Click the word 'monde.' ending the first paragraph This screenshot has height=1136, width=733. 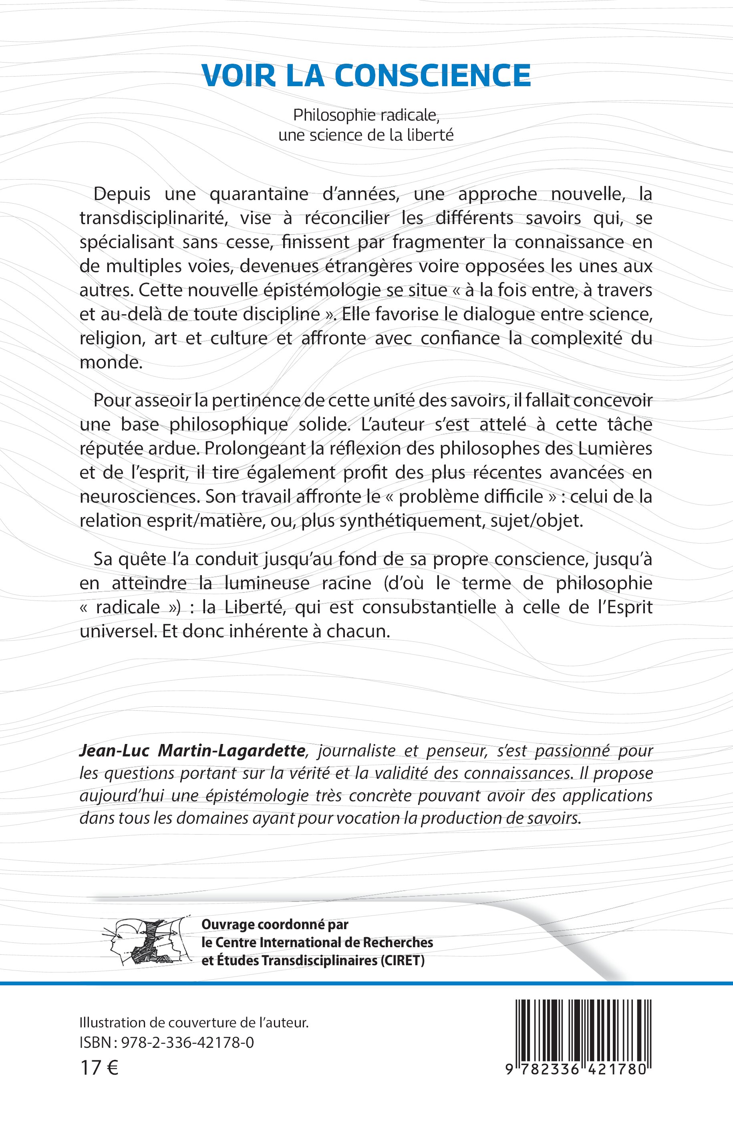(x=111, y=362)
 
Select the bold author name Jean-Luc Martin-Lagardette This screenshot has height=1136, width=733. (x=192, y=751)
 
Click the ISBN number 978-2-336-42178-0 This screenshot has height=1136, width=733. (x=187, y=1043)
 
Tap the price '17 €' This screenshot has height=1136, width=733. (x=99, y=1068)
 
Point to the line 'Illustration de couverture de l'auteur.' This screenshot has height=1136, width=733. (x=194, y=1023)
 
